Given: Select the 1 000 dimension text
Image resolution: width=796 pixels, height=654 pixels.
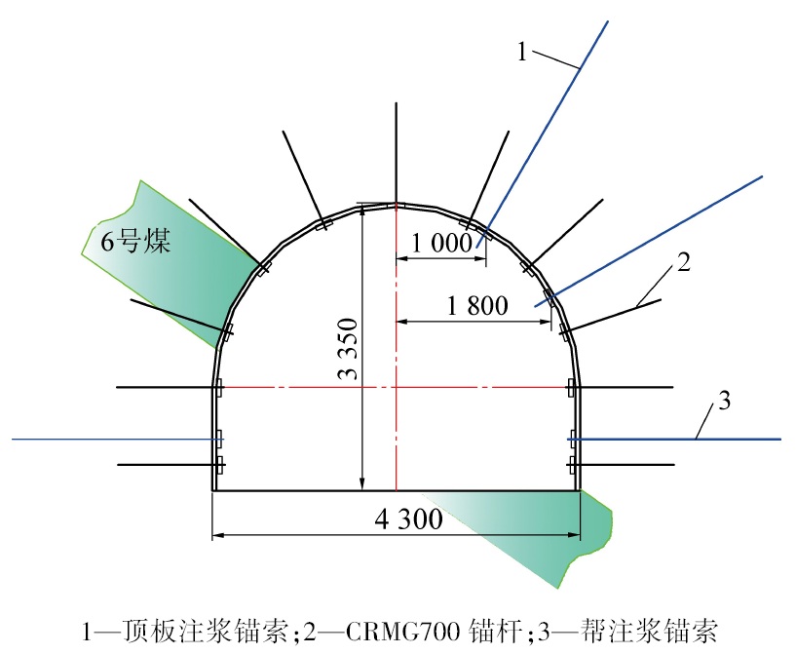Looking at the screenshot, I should tap(440, 244).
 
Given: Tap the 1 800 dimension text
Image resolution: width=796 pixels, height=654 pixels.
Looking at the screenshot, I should tap(477, 306).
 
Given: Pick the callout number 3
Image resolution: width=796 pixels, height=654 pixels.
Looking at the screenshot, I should tap(722, 400).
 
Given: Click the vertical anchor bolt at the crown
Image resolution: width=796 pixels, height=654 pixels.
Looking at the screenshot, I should tap(396, 151).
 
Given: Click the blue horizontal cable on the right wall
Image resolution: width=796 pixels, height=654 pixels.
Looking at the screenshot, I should tap(682, 440).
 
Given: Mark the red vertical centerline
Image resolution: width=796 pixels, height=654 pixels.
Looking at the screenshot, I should tap(396, 439).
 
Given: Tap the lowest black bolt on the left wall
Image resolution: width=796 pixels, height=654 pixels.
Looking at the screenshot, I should tap(161, 464).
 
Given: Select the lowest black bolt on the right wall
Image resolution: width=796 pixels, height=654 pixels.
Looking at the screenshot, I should tap(628, 464).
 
